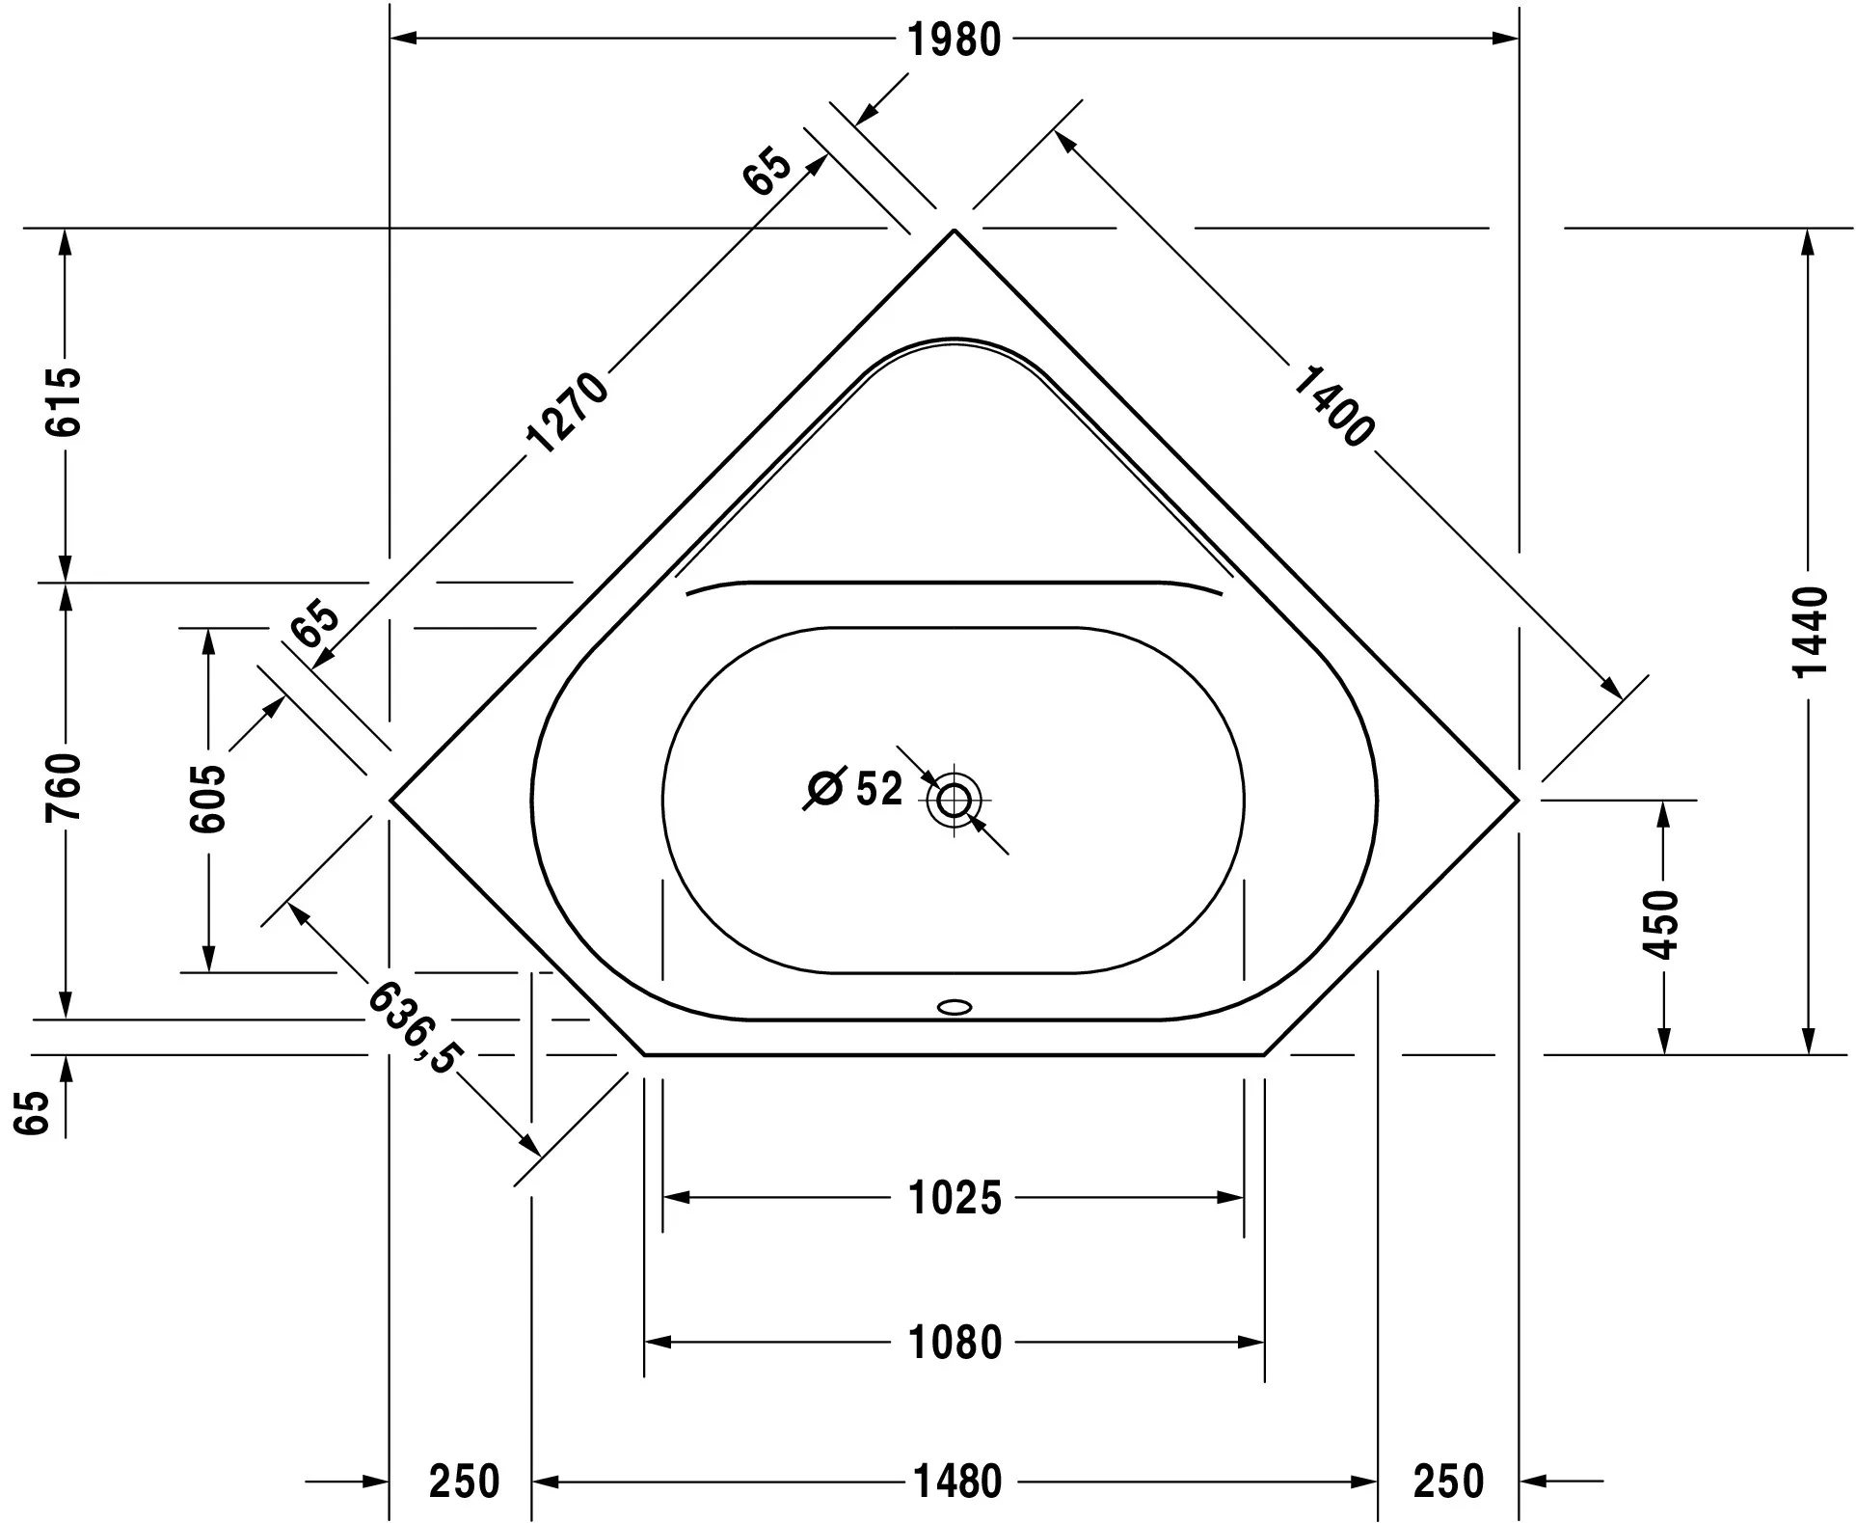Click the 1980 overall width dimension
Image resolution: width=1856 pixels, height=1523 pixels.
[955, 40]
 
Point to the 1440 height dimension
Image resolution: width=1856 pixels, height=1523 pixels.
[1812, 632]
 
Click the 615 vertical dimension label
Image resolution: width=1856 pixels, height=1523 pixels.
[66, 401]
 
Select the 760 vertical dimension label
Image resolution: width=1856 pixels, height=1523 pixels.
[66, 787]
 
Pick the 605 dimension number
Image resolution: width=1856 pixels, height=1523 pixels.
[207, 799]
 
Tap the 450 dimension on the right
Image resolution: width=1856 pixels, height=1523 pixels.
[1660, 924]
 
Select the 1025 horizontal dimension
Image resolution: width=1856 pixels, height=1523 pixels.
[955, 1198]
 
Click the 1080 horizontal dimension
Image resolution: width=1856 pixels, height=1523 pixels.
[955, 1343]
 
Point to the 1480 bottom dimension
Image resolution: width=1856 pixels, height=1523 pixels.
[957, 1481]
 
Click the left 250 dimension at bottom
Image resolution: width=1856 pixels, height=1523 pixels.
[464, 1481]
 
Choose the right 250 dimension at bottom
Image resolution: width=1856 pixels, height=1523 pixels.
[1448, 1481]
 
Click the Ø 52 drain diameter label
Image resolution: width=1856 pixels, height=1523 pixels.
[855, 789]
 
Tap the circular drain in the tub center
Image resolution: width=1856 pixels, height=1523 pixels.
[955, 800]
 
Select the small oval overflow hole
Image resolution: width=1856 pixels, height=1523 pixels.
[955, 1007]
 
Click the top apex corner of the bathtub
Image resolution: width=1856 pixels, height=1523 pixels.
[955, 231]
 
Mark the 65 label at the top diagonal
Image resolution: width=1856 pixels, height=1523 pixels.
[767, 171]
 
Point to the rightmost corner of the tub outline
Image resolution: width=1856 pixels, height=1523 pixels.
[1518, 800]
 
